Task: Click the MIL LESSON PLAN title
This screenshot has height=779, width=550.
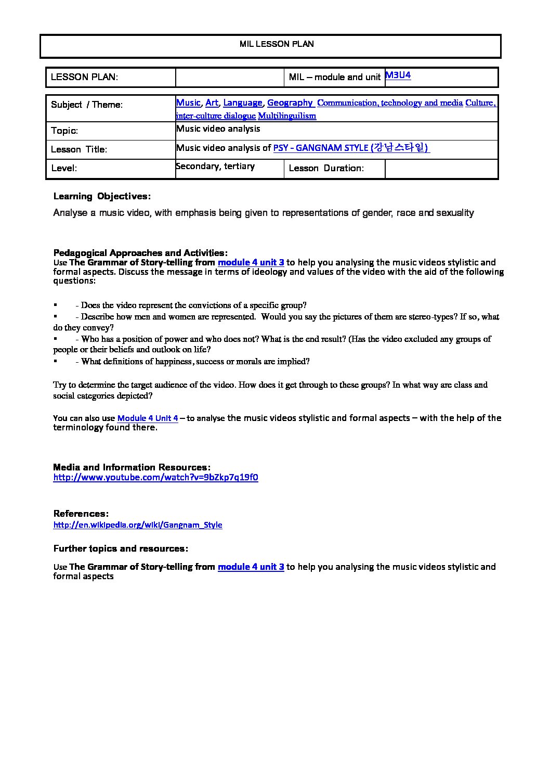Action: click(277, 44)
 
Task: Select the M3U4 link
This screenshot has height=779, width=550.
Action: click(398, 75)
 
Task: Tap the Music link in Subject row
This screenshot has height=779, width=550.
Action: click(188, 103)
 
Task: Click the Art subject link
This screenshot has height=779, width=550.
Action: click(212, 103)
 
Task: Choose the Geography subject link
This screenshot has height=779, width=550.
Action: click(290, 103)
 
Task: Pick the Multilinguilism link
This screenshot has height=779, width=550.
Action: click(287, 116)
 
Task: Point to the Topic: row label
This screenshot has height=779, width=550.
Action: click(64, 131)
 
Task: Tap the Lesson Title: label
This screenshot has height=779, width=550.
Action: click(79, 150)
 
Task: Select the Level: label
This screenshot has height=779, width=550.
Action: click(64, 169)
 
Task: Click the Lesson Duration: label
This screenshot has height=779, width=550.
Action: click(326, 169)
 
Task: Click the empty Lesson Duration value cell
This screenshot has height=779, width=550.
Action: click(441, 169)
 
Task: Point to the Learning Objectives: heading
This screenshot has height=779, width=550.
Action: click(102, 197)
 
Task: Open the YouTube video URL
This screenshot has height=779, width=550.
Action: click(155, 478)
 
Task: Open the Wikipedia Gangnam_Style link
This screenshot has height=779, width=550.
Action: click(138, 525)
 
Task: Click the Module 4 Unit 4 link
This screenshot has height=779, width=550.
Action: click(148, 418)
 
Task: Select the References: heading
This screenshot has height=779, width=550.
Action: click(81, 514)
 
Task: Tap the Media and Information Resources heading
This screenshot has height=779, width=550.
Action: click(132, 467)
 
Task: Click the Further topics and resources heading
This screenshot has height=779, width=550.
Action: click(121, 549)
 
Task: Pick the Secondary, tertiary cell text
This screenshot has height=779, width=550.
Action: click(215, 167)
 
